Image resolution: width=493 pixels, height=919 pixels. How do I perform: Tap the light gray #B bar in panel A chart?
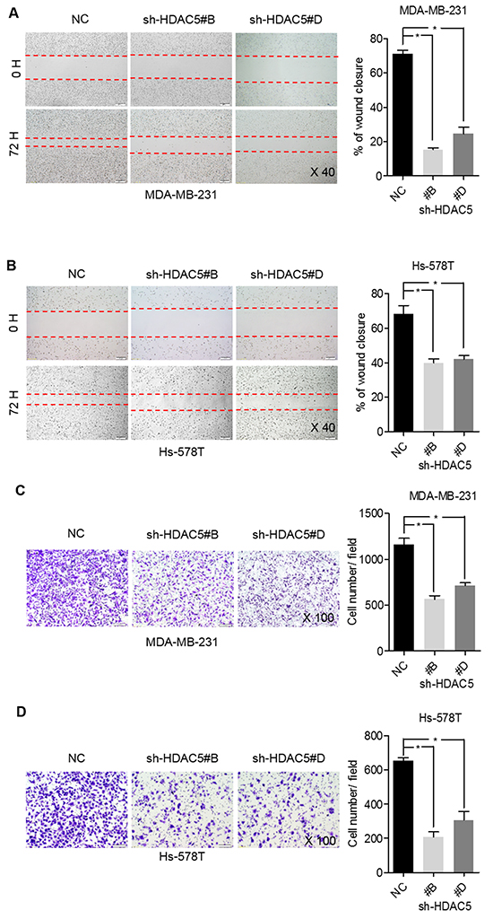pos(433,163)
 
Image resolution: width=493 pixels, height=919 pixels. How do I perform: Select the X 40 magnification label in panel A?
pos(322,171)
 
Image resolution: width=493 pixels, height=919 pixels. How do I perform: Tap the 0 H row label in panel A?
pos(14,70)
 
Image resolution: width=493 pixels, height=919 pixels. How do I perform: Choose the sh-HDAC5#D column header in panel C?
pos(285,533)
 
